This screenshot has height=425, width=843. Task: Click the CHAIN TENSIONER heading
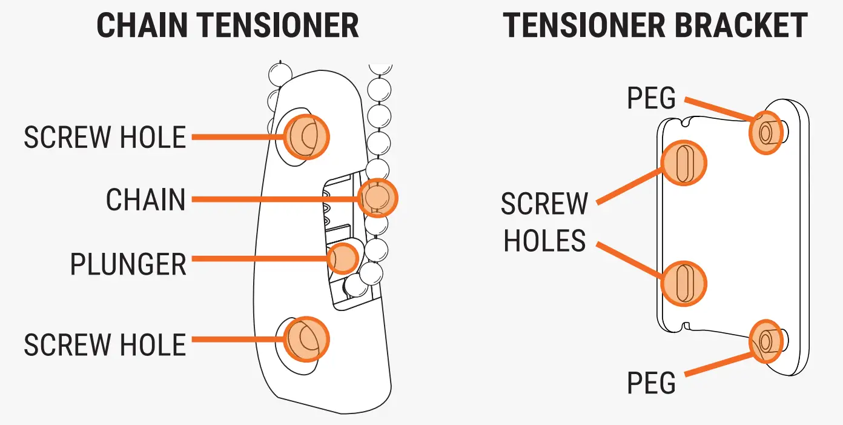[x=228, y=25]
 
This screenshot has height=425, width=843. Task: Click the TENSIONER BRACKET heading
[x=655, y=25]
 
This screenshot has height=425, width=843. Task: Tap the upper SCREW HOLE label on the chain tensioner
[x=105, y=138]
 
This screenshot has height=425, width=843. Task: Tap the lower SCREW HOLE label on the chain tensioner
[x=105, y=345]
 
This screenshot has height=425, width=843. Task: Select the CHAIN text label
[x=146, y=199]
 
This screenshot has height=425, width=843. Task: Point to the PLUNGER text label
[x=128, y=264]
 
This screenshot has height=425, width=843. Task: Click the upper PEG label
[x=651, y=98]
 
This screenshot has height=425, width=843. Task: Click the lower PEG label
[x=651, y=383]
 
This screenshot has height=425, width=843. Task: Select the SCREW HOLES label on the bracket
[x=544, y=223]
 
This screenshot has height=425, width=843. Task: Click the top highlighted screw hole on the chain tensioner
[x=305, y=136]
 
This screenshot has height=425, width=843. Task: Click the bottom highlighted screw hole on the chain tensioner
[x=305, y=339]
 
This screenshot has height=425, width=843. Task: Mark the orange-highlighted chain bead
[x=377, y=197]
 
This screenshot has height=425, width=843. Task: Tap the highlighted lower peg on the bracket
[x=766, y=341]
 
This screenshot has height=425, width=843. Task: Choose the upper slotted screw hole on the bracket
[x=683, y=162]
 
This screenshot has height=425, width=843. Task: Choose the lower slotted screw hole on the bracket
[x=683, y=283]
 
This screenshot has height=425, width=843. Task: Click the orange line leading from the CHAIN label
[x=273, y=198]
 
